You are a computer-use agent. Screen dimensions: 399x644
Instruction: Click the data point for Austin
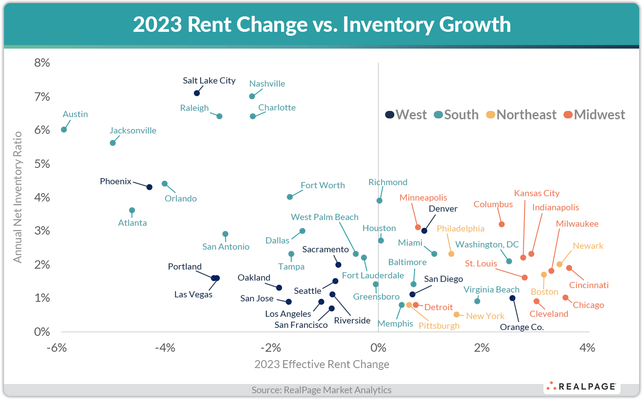[x=64, y=129]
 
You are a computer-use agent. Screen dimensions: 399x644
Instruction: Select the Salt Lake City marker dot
[x=197, y=93]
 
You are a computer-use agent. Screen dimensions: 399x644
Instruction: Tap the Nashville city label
[x=267, y=84]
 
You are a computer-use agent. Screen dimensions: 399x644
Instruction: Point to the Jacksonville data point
[x=112, y=143]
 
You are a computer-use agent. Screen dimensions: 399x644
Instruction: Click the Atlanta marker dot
[x=132, y=210]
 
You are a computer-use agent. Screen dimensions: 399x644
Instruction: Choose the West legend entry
[x=406, y=115]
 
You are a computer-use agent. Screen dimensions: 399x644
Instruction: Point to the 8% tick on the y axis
[x=42, y=63]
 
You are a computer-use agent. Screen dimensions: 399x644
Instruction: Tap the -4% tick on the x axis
[x=165, y=348]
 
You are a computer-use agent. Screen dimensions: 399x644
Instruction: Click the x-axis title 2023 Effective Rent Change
[x=322, y=364]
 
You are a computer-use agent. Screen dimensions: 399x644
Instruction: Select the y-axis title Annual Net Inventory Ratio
[x=18, y=197]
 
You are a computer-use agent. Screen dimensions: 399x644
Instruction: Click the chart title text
[x=322, y=24]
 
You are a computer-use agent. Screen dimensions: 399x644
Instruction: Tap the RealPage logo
[x=582, y=387]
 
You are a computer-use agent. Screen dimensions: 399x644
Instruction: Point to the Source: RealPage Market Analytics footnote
[x=321, y=390]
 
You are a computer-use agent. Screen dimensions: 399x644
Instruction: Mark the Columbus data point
[x=501, y=224]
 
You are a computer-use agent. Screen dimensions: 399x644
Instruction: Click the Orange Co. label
[x=521, y=327]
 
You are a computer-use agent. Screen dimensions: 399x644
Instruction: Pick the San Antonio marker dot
[x=225, y=234]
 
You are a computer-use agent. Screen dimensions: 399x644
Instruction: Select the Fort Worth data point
[x=290, y=197]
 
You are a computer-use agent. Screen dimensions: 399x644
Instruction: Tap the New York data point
[x=456, y=315]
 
